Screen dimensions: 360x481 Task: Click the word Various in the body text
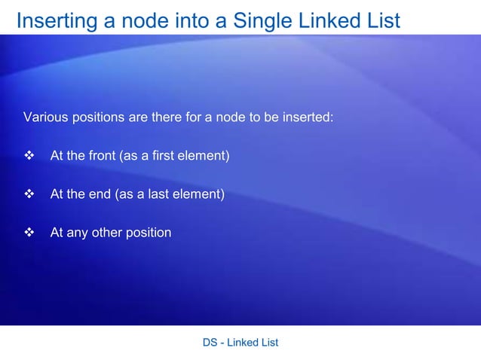44,117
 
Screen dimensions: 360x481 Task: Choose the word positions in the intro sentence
97,117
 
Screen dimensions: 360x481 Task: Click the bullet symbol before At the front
30,156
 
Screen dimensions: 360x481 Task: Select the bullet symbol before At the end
30,194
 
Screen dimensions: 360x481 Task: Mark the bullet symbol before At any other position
30,233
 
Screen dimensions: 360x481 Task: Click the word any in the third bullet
77,233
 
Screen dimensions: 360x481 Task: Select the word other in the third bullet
106,233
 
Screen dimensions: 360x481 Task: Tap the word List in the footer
268,343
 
